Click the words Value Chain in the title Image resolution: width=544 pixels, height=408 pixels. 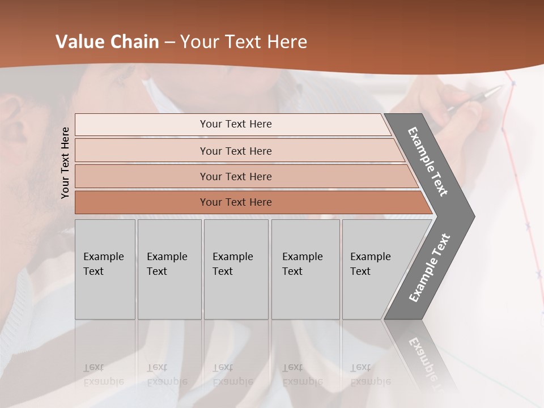107,42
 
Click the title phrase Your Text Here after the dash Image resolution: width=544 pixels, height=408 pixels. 244,42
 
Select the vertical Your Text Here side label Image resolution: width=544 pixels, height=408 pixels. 65,163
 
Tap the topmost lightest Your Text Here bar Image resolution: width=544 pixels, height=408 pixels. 236,124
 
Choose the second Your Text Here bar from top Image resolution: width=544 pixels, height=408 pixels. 236,151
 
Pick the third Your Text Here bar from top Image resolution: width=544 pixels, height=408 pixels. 236,176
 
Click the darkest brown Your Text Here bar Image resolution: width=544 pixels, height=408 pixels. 236,202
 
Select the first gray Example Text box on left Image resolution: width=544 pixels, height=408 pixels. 105,269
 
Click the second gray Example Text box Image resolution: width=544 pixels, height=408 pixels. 169,269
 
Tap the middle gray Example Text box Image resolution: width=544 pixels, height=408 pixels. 236,269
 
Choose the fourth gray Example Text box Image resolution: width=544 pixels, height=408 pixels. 305,269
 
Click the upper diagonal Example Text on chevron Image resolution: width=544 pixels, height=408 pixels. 428,161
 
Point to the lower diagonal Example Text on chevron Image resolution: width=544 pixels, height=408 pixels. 430,268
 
